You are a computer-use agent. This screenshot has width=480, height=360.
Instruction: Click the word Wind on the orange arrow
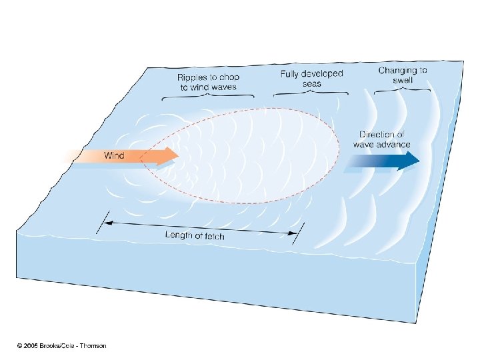(113, 155)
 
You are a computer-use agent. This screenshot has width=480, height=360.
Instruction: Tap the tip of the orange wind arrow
(178, 156)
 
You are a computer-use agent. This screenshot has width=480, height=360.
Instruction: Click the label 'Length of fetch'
(195, 235)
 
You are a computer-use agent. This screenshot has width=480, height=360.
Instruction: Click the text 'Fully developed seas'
(311, 79)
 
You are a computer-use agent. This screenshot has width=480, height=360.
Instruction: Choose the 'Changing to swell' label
(403, 75)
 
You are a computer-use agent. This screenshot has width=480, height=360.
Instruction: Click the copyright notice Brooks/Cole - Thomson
(61, 345)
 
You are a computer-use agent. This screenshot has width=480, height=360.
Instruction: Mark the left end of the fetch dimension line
(102, 222)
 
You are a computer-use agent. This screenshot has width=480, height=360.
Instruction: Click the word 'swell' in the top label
(403, 80)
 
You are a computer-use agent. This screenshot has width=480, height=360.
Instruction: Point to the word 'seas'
(311, 84)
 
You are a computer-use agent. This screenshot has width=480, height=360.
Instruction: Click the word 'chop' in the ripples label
(227, 77)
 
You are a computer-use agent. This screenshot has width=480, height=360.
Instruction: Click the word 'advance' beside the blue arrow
(395, 145)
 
